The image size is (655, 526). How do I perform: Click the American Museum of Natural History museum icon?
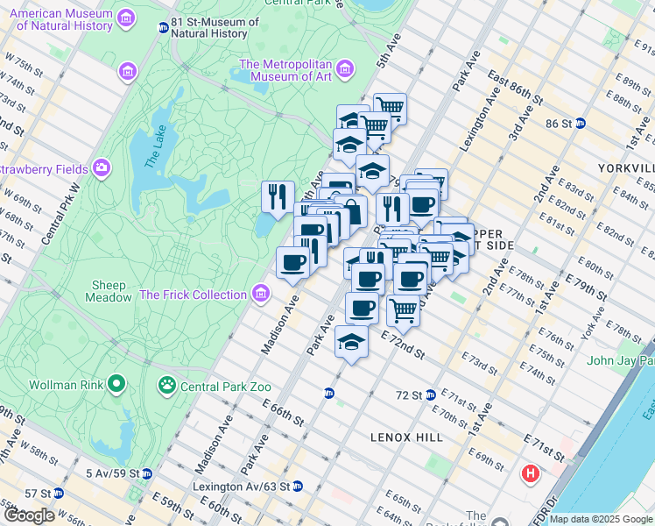(127, 18)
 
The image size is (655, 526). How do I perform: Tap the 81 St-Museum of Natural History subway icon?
(163, 27)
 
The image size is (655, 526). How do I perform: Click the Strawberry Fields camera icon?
(102, 167)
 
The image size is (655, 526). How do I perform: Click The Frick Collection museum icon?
(261, 295)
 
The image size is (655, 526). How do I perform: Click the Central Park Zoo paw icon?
(167, 386)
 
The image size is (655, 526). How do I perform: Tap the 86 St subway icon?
(580, 124)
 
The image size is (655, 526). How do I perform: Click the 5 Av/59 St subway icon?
(147, 473)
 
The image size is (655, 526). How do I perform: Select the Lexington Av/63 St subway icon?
(298, 486)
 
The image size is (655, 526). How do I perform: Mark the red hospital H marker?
(530, 475)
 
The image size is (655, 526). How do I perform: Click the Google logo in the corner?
(28, 515)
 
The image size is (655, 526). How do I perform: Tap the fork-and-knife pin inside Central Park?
(278, 196)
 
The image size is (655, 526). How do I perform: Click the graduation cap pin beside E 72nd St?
(351, 341)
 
